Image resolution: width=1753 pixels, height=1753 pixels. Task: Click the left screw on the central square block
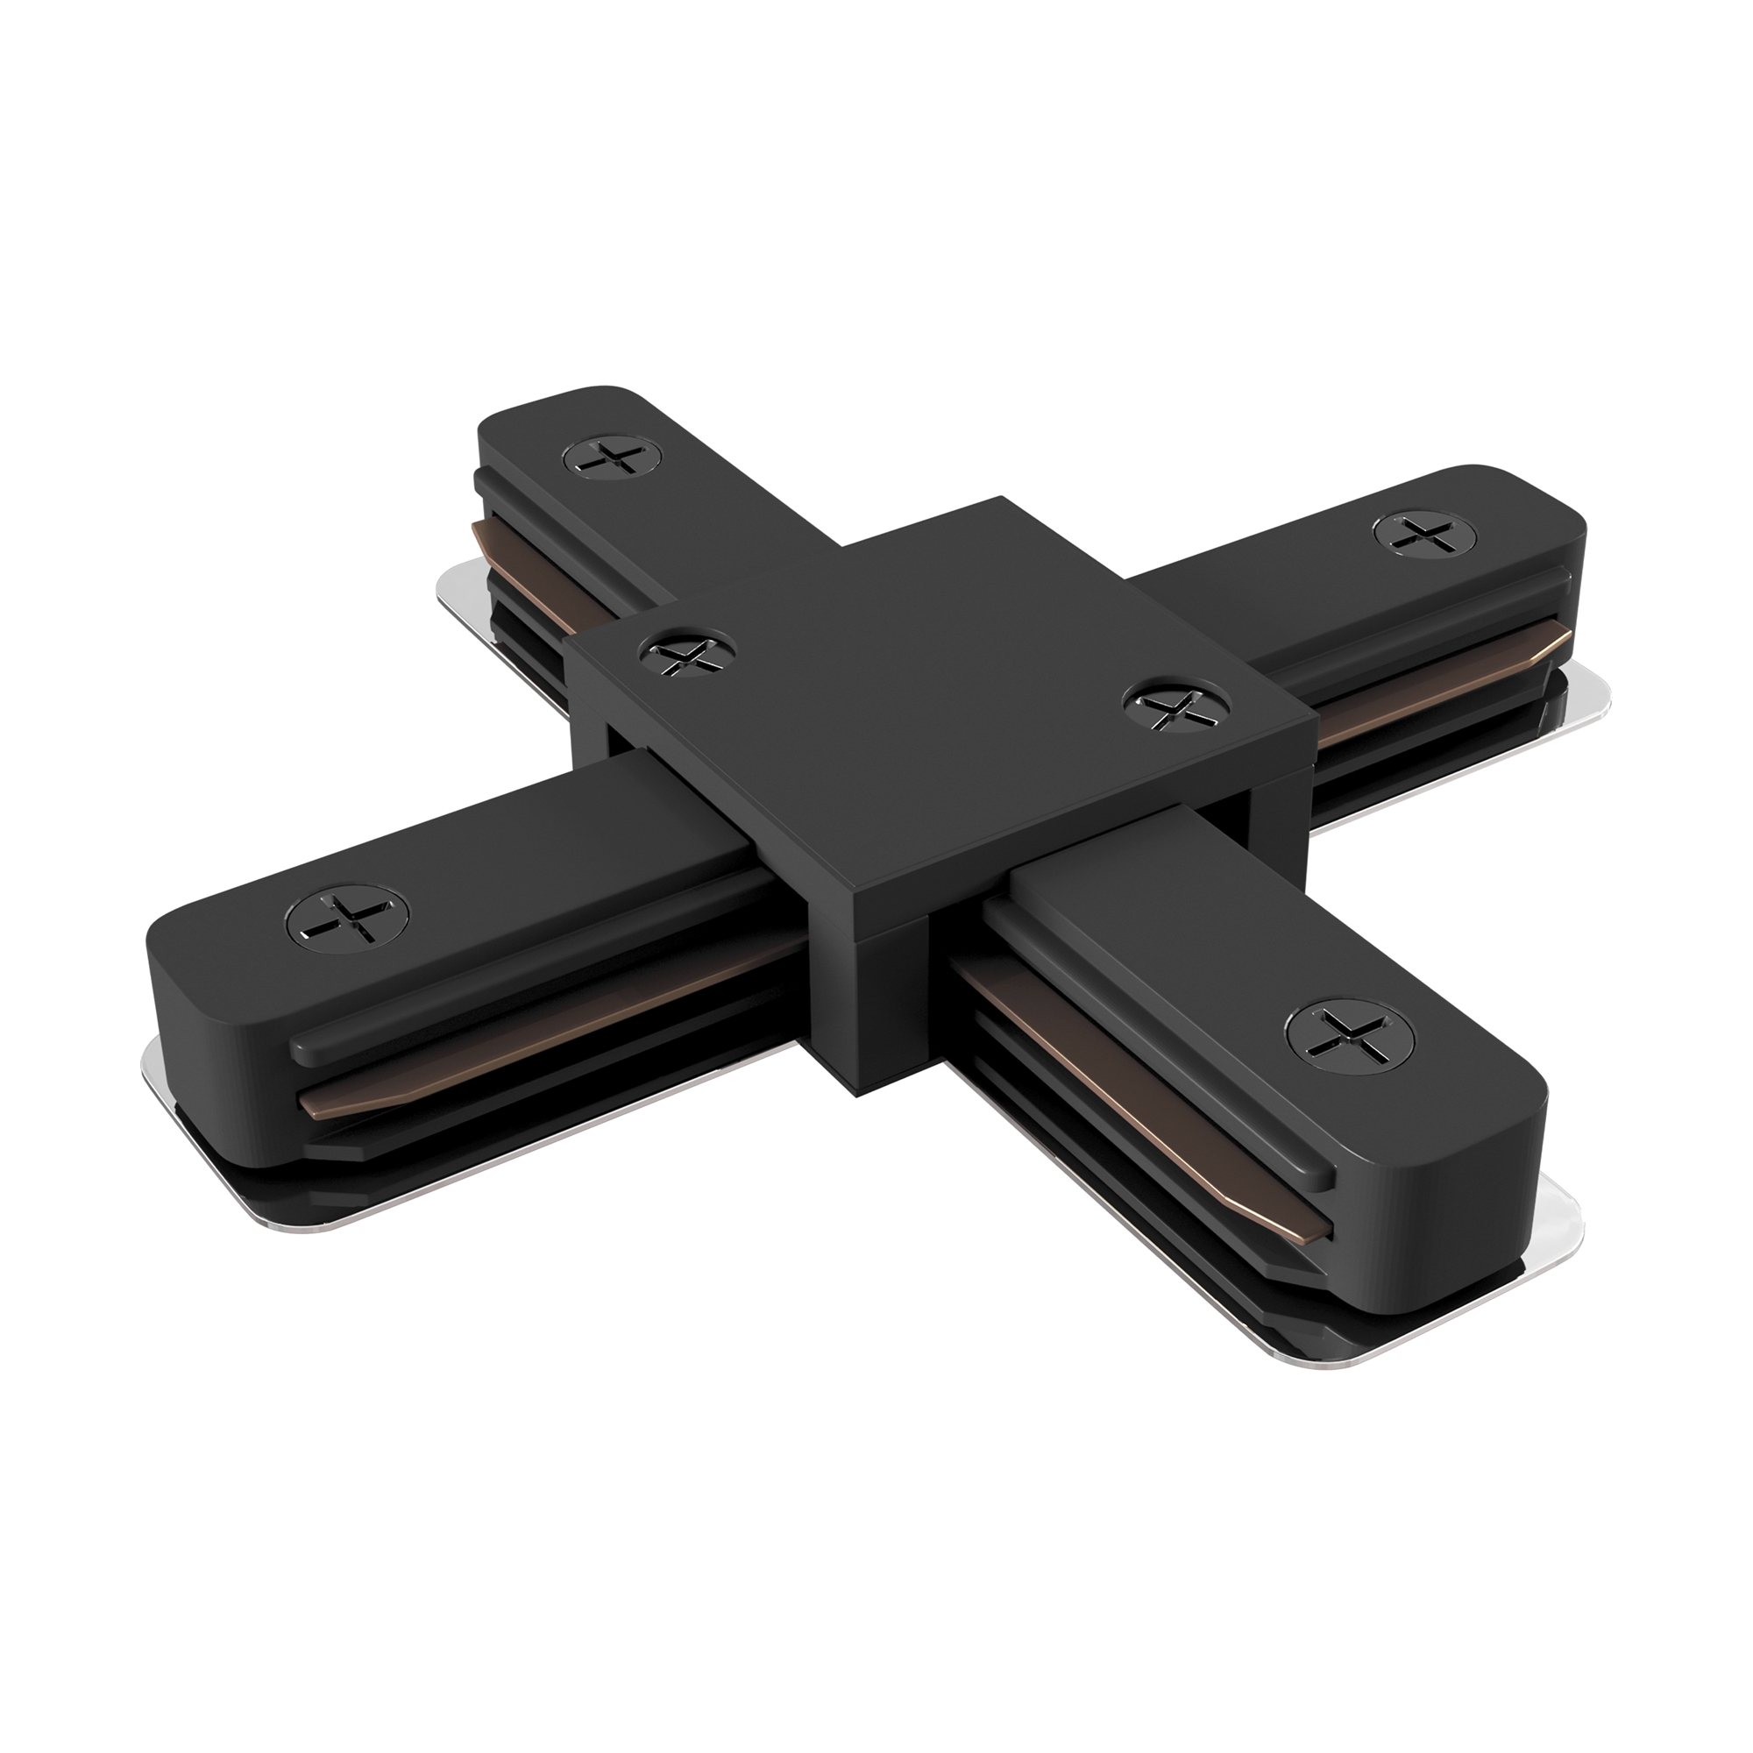687,651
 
